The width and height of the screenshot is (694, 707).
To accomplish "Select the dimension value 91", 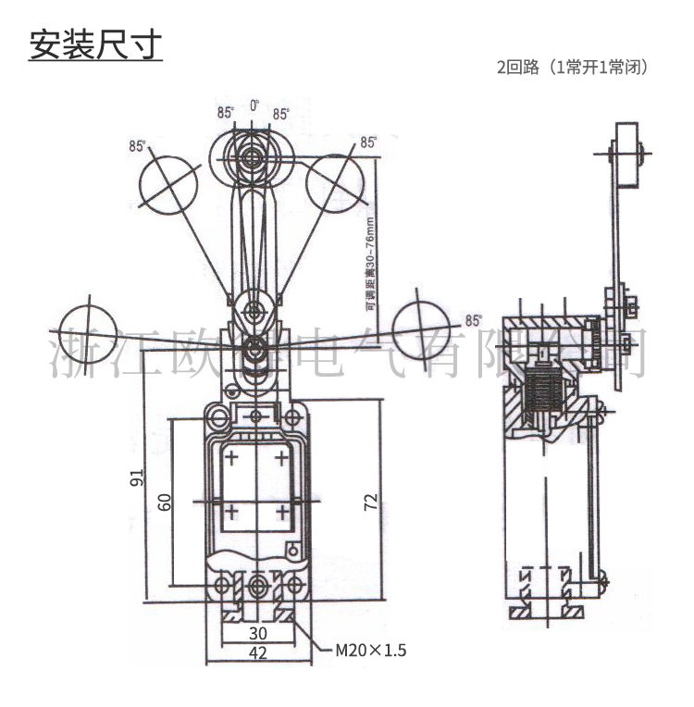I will pyautogui.click(x=137, y=478).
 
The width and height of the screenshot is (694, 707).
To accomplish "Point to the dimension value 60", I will pyautogui.click(x=165, y=502).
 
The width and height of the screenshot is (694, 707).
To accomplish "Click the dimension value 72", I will pyautogui.click(x=370, y=502).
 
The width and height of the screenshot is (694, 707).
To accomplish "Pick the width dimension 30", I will pyautogui.click(x=258, y=634).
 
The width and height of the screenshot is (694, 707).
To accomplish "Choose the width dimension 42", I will pyautogui.click(x=258, y=652).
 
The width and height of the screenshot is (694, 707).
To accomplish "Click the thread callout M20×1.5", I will pyautogui.click(x=370, y=650).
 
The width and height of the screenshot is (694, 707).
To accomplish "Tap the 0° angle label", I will pyautogui.click(x=254, y=107).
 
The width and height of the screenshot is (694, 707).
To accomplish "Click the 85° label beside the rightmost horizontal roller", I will pyautogui.click(x=473, y=321).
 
